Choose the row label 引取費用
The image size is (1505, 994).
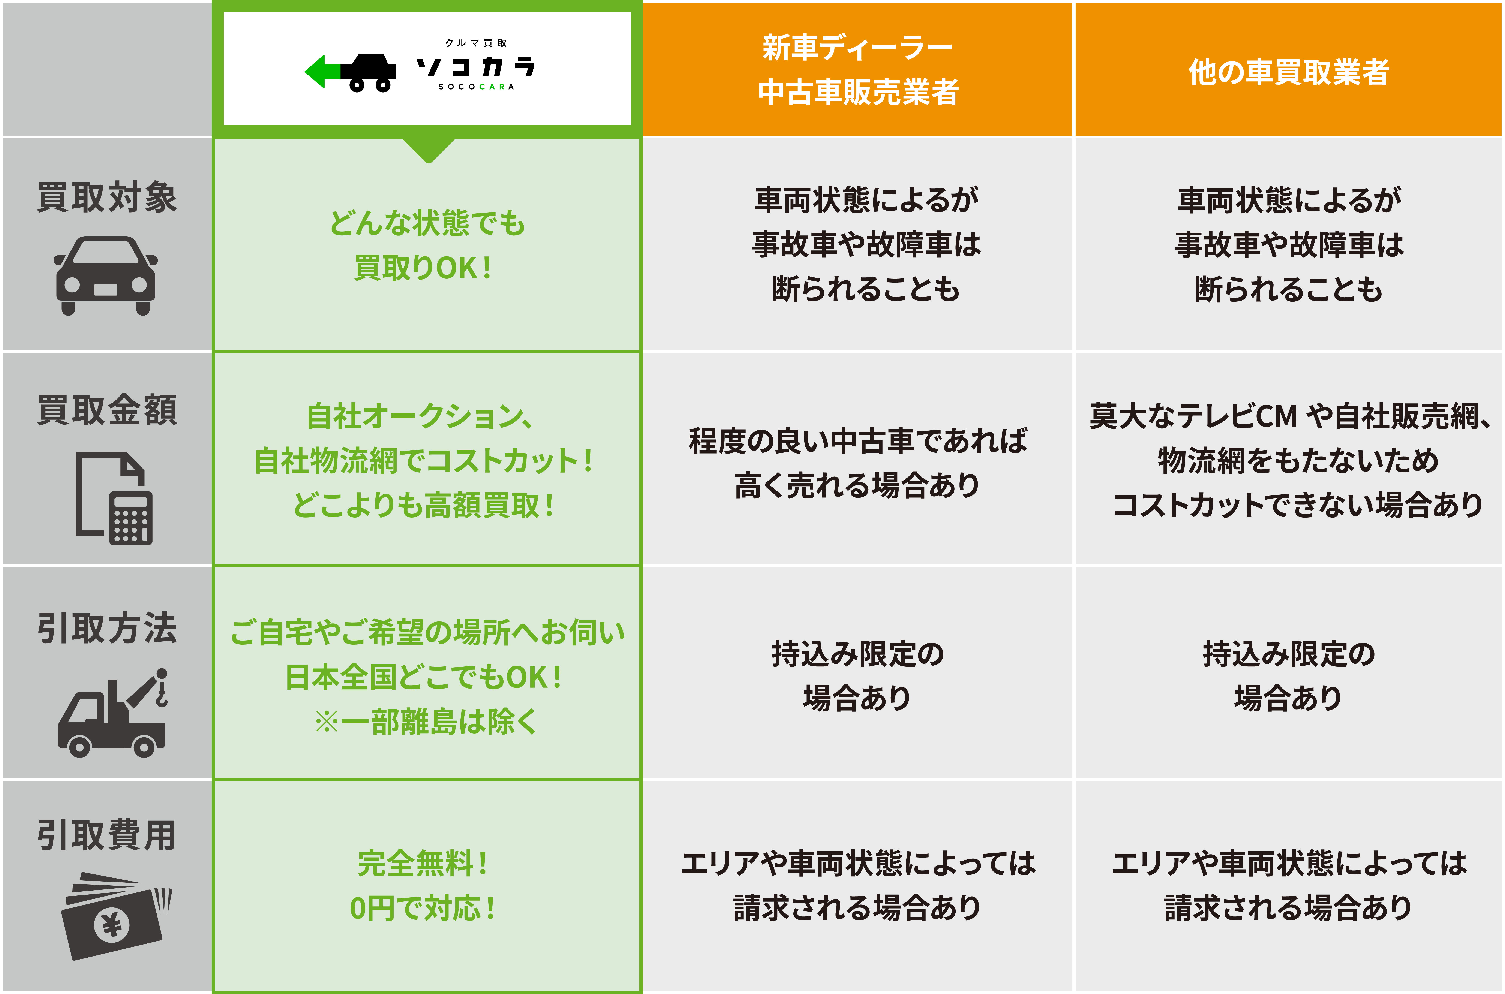pyautogui.click(x=106, y=835)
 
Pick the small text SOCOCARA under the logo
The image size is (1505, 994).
pyautogui.click(x=476, y=87)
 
